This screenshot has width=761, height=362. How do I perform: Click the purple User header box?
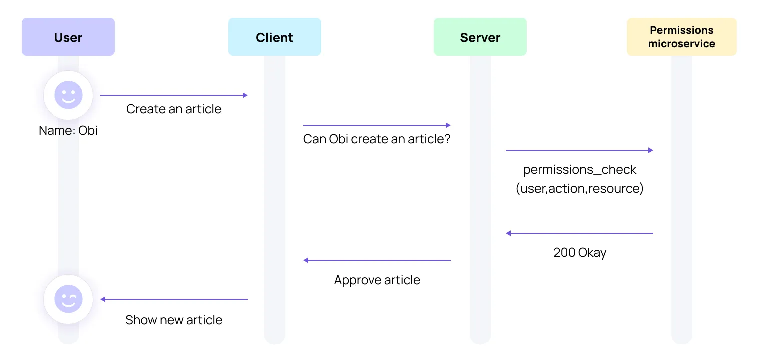[68, 37]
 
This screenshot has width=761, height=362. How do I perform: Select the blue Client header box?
[274, 37]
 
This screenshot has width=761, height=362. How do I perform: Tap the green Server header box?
[480, 37]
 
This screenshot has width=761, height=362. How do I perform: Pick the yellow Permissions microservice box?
[681, 37]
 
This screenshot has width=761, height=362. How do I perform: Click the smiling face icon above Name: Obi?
[68, 95]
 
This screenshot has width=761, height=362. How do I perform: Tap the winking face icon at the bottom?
[68, 299]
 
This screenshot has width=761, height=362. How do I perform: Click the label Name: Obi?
[68, 131]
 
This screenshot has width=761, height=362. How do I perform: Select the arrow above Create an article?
[174, 95]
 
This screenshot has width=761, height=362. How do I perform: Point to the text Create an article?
[174, 109]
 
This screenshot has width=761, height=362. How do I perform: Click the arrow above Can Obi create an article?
[377, 125]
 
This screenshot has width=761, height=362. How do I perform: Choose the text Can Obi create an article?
[377, 139]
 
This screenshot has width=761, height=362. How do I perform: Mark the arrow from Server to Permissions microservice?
[579, 150]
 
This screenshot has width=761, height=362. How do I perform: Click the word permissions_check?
[579, 170]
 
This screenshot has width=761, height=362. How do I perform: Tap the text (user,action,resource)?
[579, 189]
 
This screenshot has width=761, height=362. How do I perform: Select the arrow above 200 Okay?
[579, 233]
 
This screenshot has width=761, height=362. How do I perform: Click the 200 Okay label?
[579, 252]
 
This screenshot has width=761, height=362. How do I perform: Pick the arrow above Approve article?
[377, 260]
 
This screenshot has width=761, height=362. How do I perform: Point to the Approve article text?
[377, 280]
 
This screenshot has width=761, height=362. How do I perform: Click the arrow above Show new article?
[174, 299]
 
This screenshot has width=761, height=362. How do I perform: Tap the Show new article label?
[174, 320]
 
